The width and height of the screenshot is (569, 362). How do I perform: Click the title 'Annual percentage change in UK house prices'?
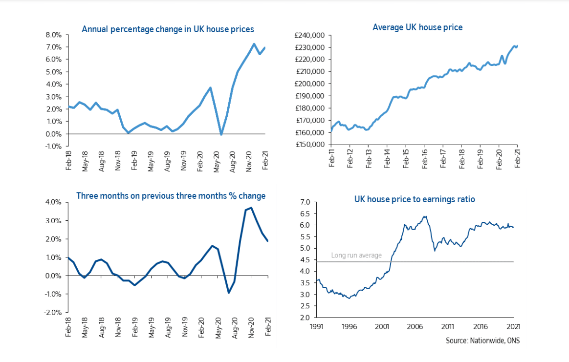pyautogui.click(x=168, y=29)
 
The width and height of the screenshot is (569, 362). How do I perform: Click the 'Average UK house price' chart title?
pyautogui.click(x=417, y=27)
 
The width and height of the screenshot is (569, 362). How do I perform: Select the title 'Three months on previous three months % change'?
pyautogui.click(x=171, y=196)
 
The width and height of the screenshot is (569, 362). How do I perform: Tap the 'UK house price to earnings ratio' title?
pyautogui.click(x=415, y=199)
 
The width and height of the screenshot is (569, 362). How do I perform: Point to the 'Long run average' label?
pyautogui.click(x=356, y=255)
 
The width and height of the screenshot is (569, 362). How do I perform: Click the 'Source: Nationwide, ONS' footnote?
pyautogui.click(x=482, y=340)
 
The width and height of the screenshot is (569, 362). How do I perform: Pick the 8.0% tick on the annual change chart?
pyautogui.click(x=53, y=35)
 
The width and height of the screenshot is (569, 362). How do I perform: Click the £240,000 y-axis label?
pyautogui.click(x=310, y=35)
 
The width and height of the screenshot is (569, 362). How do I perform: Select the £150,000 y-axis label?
pyautogui.click(x=310, y=145)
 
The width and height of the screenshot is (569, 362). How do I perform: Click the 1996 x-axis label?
pyautogui.click(x=350, y=326)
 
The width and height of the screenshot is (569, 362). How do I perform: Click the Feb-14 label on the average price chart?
pyautogui.click(x=387, y=159)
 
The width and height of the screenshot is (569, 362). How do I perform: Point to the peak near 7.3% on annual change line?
pyautogui.click(x=254, y=44)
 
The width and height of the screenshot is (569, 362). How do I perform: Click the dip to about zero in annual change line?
pyautogui.click(x=221, y=134)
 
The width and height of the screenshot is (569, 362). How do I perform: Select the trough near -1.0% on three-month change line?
pyautogui.click(x=228, y=293)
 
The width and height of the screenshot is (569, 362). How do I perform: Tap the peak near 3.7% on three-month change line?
pyautogui.click(x=251, y=208)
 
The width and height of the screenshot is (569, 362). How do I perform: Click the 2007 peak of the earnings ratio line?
pyautogui.click(x=425, y=216)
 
